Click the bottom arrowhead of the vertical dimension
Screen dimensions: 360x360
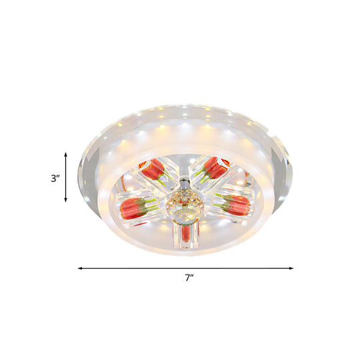tap(65, 200)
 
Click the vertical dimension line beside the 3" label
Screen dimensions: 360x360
tap(65, 177)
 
